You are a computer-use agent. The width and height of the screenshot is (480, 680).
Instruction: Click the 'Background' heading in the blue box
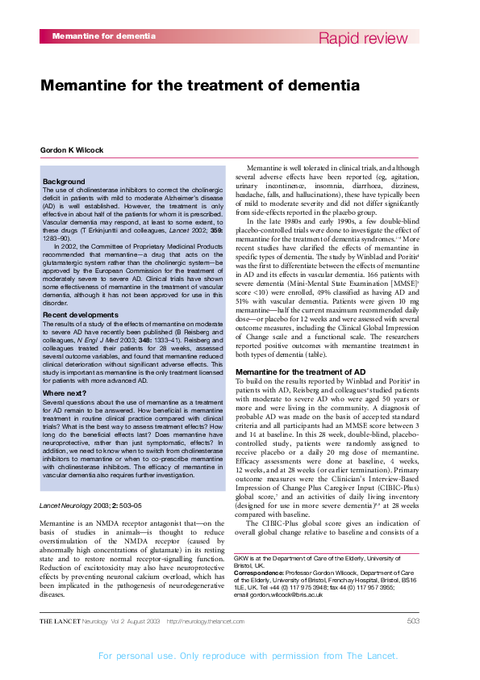click(63, 182)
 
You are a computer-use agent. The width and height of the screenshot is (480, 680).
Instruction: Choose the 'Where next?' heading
click(65, 392)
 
